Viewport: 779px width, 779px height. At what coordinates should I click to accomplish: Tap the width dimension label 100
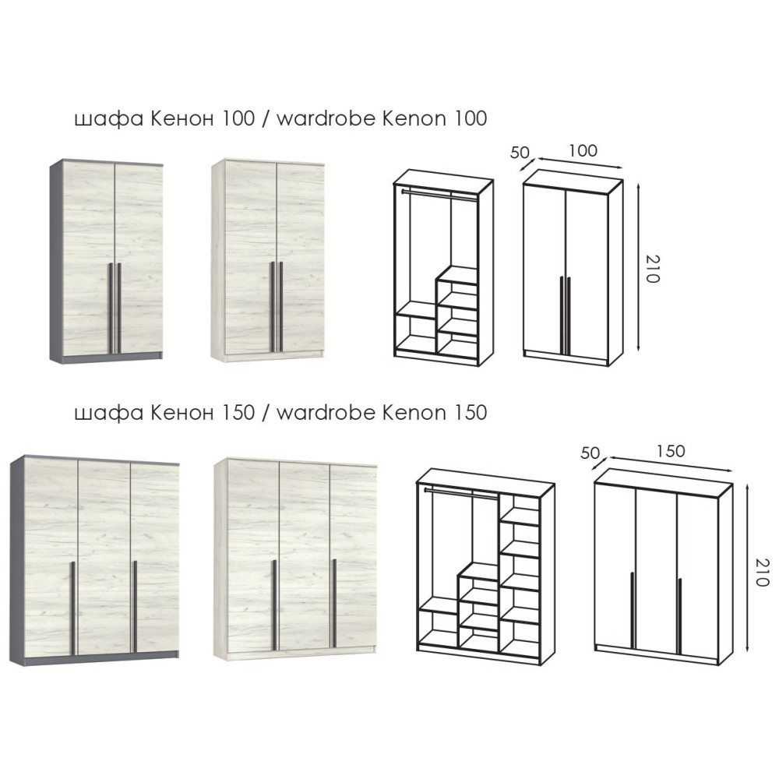(x=583, y=150)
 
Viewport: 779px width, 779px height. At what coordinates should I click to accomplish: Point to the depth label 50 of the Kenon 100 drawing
(x=520, y=152)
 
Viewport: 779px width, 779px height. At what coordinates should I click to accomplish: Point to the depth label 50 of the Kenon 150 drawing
(x=590, y=453)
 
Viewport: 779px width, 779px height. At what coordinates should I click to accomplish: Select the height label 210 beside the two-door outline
(x=652, y=269)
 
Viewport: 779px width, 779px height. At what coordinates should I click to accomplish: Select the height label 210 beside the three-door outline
(x=762, y=572)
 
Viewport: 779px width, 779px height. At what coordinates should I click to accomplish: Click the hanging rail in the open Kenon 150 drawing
(x=460, y=492)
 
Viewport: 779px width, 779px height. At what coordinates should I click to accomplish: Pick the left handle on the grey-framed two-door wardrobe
(x=111, y=308)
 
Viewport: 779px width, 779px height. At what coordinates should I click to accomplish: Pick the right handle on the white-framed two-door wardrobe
(x=281, y=306)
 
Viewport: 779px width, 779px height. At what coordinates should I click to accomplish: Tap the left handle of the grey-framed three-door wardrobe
(x=72, y=608)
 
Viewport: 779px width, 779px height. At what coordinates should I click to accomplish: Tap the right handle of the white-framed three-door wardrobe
(x=334, y=603)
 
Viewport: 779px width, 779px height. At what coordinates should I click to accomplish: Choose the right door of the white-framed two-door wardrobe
(x=300, y=258)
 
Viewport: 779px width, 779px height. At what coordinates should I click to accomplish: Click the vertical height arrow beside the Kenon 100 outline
(x=640, y=266)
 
